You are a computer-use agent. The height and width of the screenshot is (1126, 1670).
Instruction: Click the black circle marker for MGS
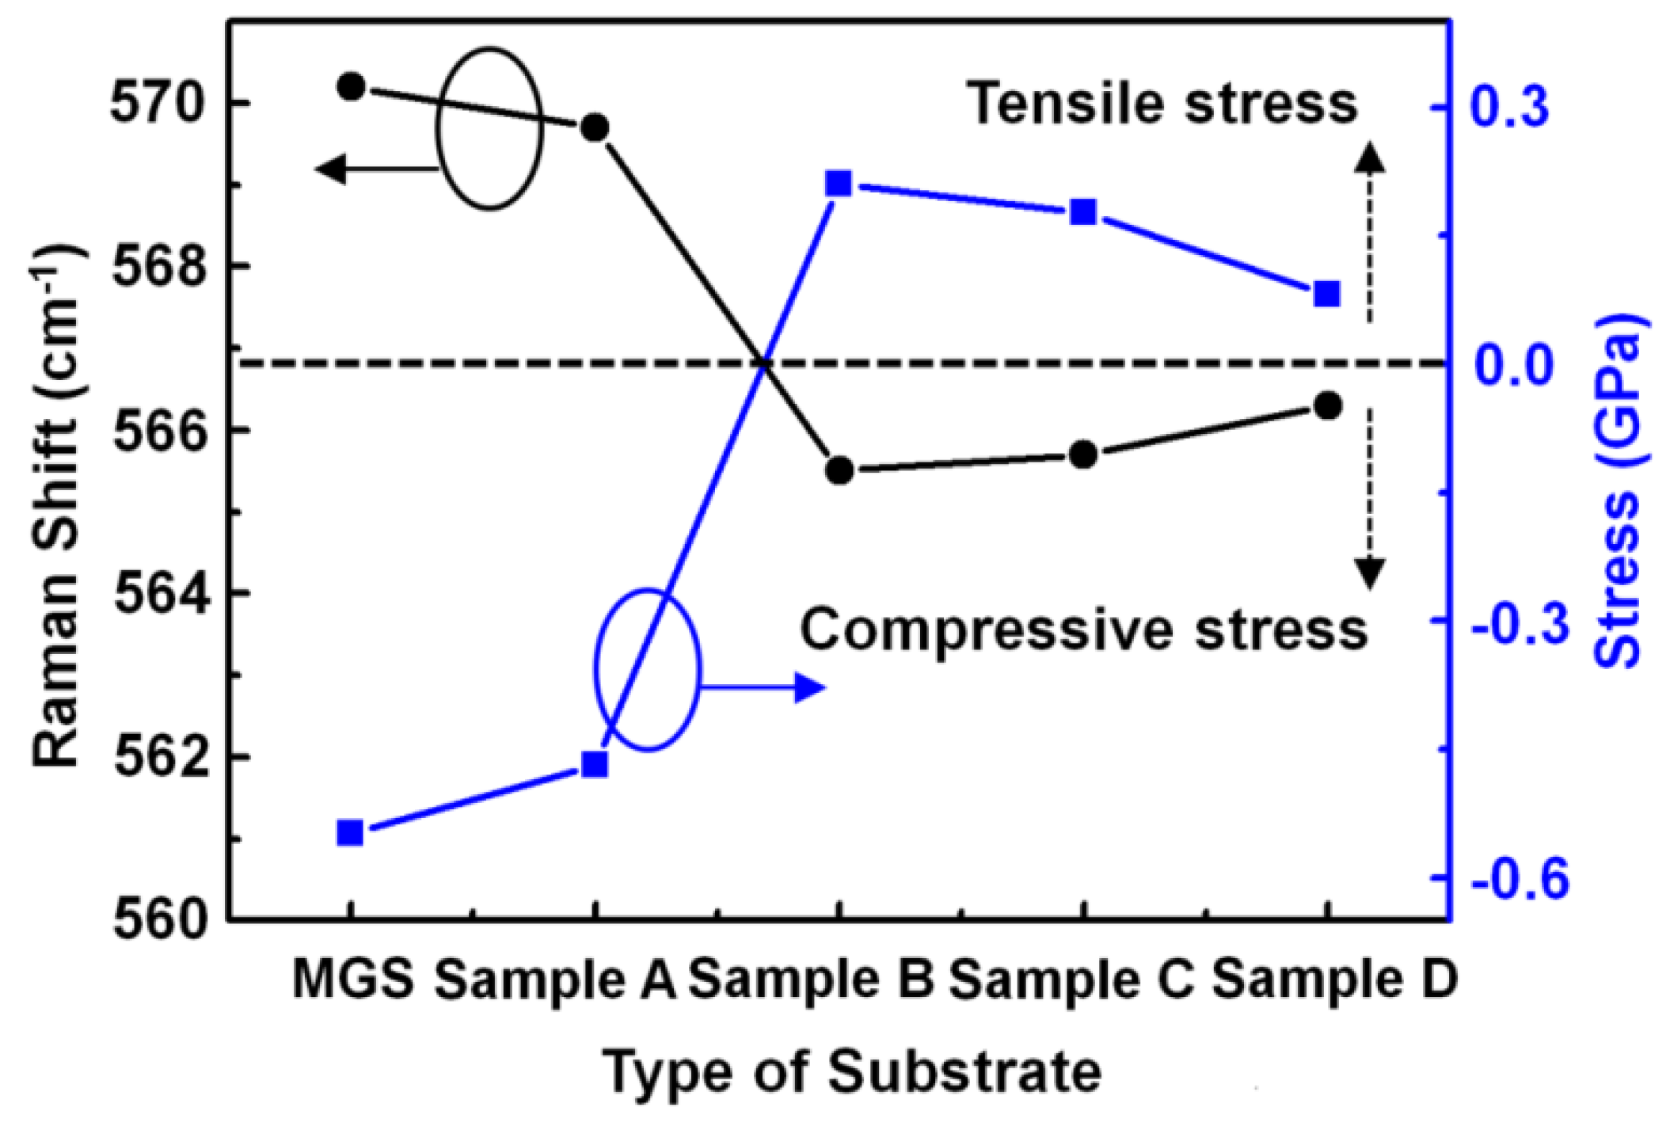[x=351, y=86]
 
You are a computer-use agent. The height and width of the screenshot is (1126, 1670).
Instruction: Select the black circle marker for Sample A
[x=595, y=127]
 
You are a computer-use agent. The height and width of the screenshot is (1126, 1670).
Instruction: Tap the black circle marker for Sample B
[x=839, y=470]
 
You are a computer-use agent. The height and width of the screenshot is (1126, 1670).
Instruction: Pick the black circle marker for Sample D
[x=1328, y=405]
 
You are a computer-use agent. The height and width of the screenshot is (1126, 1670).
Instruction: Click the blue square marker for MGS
[x=350, y=833]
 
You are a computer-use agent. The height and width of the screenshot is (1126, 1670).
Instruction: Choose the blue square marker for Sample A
[x=595, y=764]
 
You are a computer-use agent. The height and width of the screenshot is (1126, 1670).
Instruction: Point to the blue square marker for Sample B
[x=839, y=184]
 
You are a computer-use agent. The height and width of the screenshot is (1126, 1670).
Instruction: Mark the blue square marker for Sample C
[x=1083, y=212]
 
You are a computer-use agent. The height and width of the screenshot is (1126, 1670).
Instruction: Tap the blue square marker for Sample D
[x=1327, y=295]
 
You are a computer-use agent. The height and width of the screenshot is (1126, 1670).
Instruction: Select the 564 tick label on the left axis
[x=156, y=593]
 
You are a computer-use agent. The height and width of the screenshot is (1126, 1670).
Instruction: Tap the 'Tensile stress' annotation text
[x=1162, y=104]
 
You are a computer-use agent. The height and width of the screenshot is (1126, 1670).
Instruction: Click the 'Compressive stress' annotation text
[x=1083, y=630]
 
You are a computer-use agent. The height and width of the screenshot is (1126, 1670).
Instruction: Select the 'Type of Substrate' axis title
[x=852, y=1071]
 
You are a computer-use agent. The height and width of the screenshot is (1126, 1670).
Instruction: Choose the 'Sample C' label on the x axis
[x=1071, y=980]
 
